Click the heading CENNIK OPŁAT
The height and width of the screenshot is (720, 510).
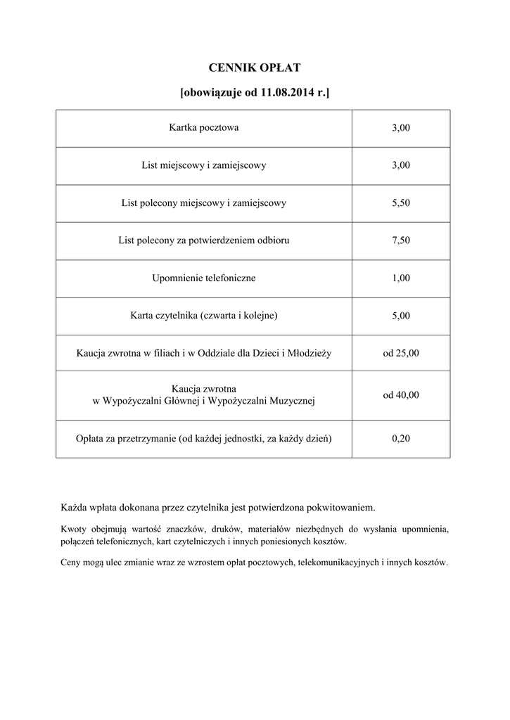click(x=255, y=67)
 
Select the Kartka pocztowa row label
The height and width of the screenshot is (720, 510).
click(x=204, y=128)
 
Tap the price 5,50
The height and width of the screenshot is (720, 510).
click(x=401, y=203)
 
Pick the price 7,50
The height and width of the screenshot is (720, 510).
click(x=401, y=240)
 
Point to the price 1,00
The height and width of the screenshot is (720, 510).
click(x=401, y=278)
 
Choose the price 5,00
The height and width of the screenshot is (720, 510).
click(x=401, y=316)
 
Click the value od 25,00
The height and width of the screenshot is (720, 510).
click(x=401, y=353)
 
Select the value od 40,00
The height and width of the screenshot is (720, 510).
click(x=401, y=395)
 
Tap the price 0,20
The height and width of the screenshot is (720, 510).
click(x=401, y=439)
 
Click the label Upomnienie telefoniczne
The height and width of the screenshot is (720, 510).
click(x=204, y=278)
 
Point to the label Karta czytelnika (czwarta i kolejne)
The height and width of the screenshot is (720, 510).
click(x=204, y=316)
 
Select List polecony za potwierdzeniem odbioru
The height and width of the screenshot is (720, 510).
click(x=204, y=240)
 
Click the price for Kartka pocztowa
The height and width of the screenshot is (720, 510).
click(x=401, y=128)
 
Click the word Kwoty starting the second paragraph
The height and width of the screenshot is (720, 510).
click(x=74, y=529)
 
